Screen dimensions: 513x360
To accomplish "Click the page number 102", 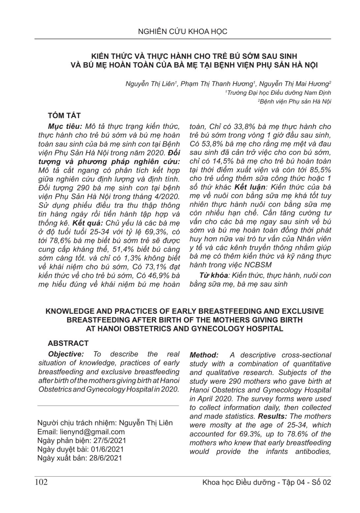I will (x=41, y=482).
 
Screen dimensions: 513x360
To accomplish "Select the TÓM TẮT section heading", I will (x=64, y=115).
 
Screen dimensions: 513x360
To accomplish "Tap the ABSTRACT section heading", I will (x=68, y=343).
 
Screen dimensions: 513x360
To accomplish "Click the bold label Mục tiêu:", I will (x=65, y=126).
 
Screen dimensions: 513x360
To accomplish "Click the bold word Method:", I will (x=204, y=355).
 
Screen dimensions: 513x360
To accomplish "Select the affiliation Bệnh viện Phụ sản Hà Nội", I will (x=295, y=101).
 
